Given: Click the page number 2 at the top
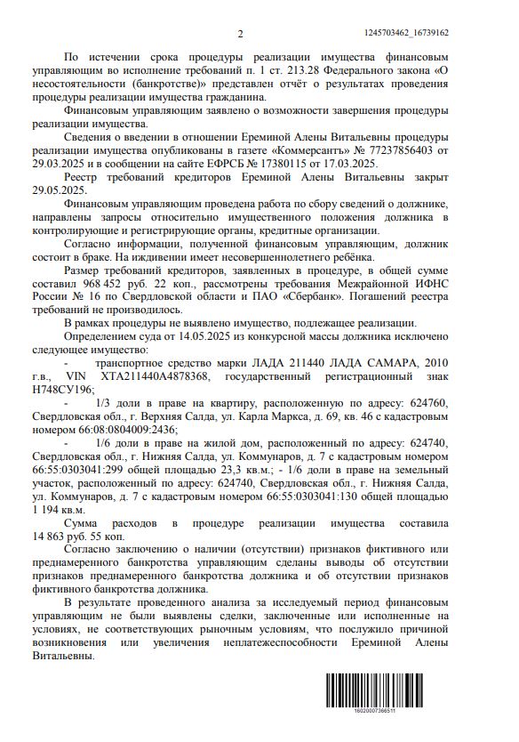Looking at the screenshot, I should click(240, 34).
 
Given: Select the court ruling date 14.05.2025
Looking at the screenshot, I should click(222, 347).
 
